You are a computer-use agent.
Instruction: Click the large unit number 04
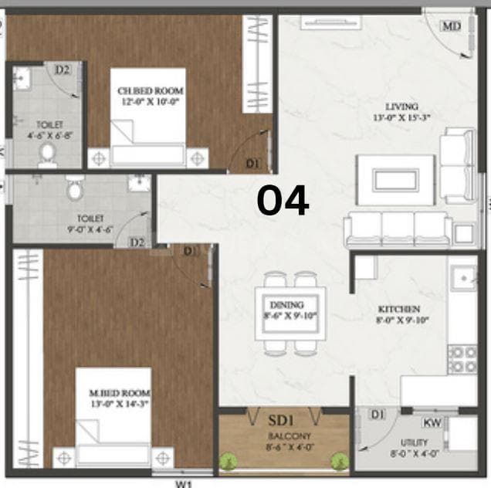pyautogui.click(x=283, y=201)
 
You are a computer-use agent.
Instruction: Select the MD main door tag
pyautogui.click(x=452, y=25)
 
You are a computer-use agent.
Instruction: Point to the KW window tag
pyautogui.click(x=432, y=422)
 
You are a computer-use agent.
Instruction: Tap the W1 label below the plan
pyautogui.click(x=183, y=483)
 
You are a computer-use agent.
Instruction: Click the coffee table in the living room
pyautogui.click(x=394, y=179)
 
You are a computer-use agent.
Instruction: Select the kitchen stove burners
pyautogui.click(x=462, y=358)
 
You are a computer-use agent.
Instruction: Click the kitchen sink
pyautogui.click(x=464, y=276)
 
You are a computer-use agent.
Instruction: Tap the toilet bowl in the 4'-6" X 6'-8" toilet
pyautogui.click(x=47, y=153)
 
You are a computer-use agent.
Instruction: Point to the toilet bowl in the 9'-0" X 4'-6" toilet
pyautogui.click(x=75, y=188)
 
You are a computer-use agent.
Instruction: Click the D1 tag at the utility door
pyautogui.click(x=377, y=415)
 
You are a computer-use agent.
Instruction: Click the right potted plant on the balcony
pyautogui.click(x=338, y=461)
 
